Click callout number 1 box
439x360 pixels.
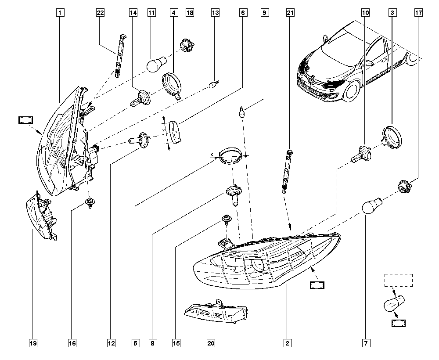pos(60,13)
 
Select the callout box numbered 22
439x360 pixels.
pos(100,13)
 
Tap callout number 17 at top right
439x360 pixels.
pos(418,13)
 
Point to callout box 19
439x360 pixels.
pos(33,343)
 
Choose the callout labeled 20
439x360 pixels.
pos(211,343)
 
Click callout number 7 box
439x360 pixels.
pos(365,343)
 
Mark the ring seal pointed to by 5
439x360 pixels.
pos(230,156)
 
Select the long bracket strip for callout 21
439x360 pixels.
pos(288,171)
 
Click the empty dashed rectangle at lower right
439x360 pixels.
pos(399,280)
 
